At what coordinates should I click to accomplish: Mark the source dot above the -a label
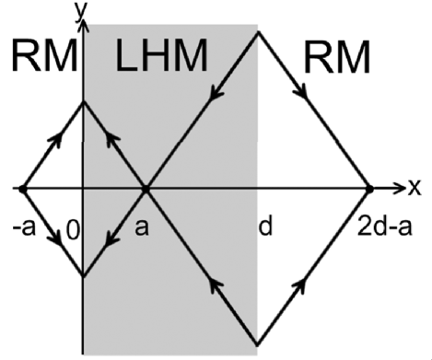(20, 189)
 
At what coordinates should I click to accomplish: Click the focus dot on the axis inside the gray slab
(145, 189)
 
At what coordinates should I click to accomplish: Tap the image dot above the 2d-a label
(368, 189)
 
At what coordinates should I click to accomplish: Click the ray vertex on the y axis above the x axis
(85, 101)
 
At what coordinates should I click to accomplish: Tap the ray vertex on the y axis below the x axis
(85, 275)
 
